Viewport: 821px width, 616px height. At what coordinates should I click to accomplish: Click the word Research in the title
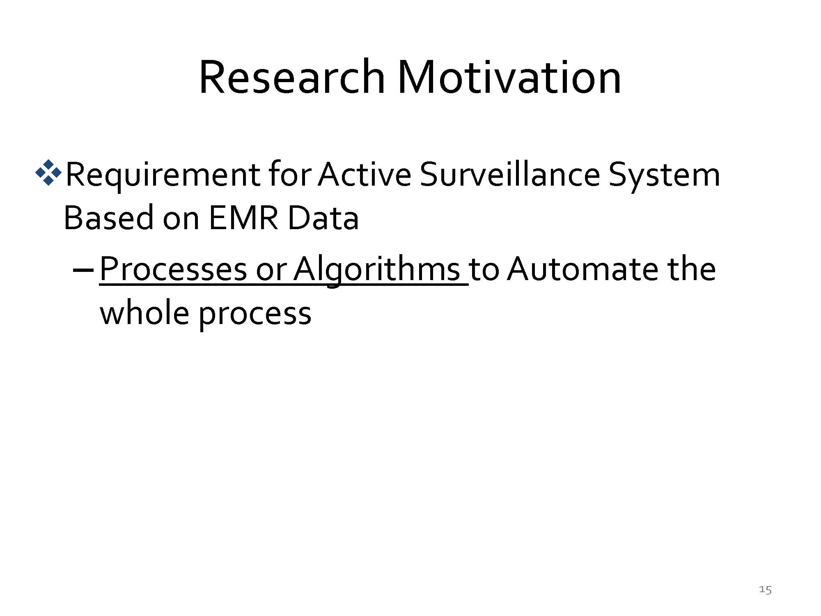pos(292,77)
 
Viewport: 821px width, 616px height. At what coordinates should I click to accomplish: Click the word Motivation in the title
pos(509,77)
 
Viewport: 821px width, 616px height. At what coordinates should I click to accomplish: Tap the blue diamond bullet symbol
pos(48,172)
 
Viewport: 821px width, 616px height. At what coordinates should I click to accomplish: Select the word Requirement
pos(163,175)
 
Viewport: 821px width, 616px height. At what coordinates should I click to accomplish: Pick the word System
pos(664,176)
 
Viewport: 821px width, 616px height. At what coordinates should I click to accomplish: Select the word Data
pos(323,217)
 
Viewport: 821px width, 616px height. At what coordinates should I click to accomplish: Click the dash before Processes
pos(83,271)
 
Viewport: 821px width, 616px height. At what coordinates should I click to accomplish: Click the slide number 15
pos(765,590)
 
